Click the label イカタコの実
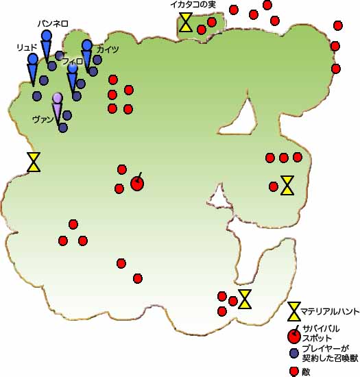click(x=193, y=5)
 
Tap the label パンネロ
click(x=53, y=23)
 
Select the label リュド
click(x=27, y=47)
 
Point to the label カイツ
click(x=108, y=49)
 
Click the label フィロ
click(x=73, y=61)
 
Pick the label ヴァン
click(x=43, y=119)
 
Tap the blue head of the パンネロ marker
click(x=47, y=36)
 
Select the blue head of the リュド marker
click(x=33, y=59)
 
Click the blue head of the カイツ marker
click(x=87, y=45)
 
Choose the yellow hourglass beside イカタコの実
click(x=186, y=22)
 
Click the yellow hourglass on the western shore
click(x=34, y=162)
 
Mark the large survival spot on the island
click(x=137, y=183)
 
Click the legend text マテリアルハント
click(x=330, y=312)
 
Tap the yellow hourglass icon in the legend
click(x=294, y=311)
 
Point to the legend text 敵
click(x=306, y=372)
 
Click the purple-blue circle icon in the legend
click(x=294, y=353)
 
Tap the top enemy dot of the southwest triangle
click(x=73, y=224)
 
